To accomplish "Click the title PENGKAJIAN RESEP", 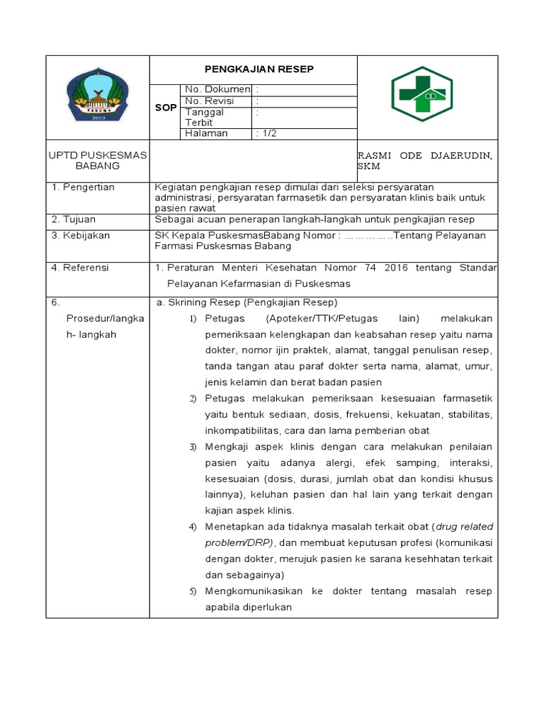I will (x=259, y=69).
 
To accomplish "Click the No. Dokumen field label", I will (x=217, y=89).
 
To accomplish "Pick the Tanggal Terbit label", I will (x=205, y=117).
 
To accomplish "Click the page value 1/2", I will (x=267, y=133).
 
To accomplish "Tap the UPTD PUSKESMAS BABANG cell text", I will (x=97, y=161).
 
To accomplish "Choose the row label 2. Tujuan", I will (x=74, y=219).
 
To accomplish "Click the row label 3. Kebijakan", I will (x=81, y=236).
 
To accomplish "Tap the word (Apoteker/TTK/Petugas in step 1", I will (x=322, y=319).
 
